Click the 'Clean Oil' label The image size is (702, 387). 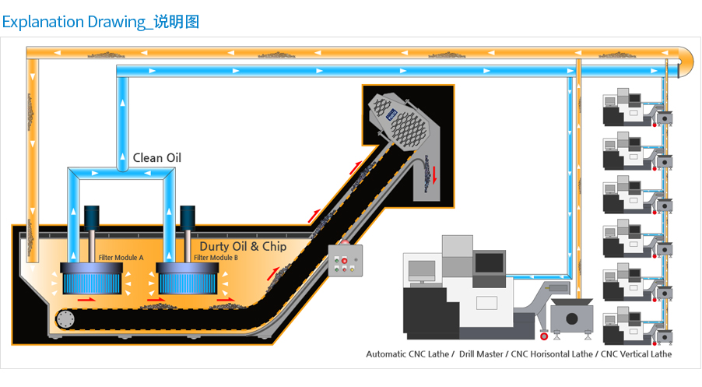[156, 158]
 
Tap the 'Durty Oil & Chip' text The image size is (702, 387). [243, 246]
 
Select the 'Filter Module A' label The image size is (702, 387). [121, 258]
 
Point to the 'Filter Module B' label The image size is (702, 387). [216, 258]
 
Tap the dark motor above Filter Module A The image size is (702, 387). [92, 218]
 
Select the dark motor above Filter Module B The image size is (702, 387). [188, 218]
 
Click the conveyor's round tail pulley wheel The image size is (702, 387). [65, 319]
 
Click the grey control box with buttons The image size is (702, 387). [346, 261]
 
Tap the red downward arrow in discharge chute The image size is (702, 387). [434, 174]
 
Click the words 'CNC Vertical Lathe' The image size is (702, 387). [636, 354]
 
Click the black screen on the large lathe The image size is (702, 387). [490, 263]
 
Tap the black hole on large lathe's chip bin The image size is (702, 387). [572, 319]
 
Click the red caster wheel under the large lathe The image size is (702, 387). [544, 336]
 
